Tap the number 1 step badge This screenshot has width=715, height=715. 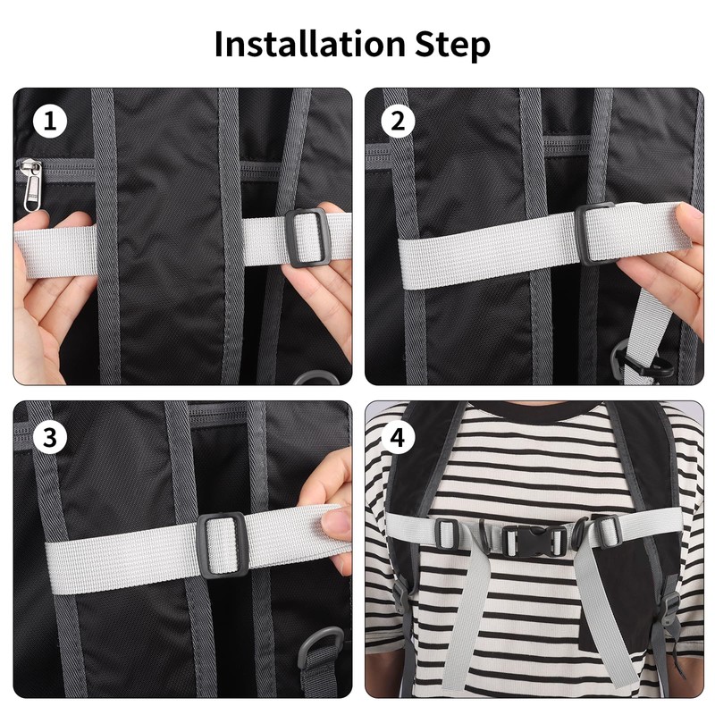[x=50, y=122]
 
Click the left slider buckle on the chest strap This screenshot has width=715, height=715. [x=447, y=536]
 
